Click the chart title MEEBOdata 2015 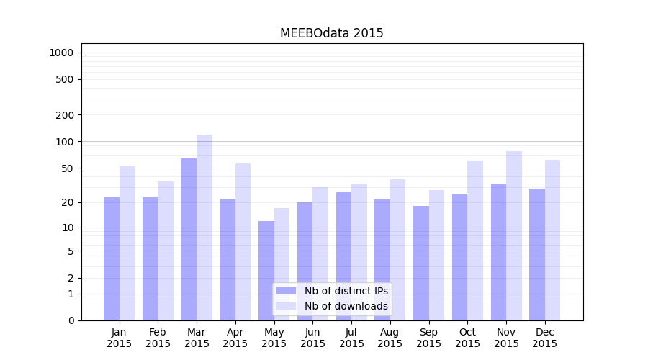point(331,33)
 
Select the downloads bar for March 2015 point(204,228)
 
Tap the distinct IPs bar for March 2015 point(189,239)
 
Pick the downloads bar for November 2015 point(514,235)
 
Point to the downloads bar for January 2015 point(127,243)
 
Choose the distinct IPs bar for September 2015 point(421,263)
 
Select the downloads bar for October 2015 point(475,240)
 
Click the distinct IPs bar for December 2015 point(537,254)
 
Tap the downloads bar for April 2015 point(243,242)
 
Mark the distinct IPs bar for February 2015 point(150,258)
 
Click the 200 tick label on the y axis point(65,115)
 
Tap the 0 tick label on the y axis point(71,320)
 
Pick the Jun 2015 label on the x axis point(312,338)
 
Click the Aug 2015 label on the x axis point(390,338)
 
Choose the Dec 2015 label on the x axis point(544,338)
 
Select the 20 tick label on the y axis point(68,202)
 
